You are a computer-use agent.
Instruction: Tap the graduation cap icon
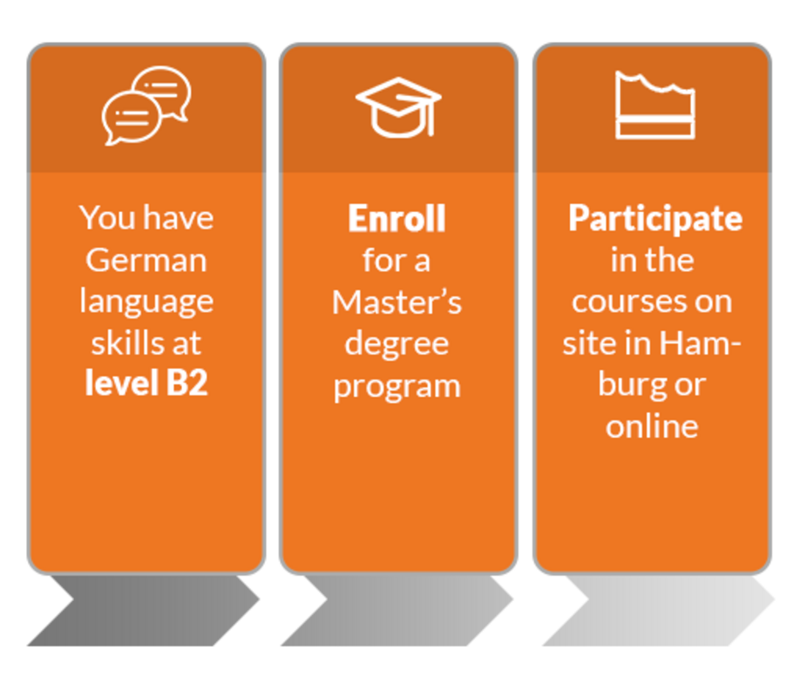click(398, 107)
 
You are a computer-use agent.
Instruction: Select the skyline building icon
click(655, 105)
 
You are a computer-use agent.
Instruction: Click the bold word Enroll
click(397, 218)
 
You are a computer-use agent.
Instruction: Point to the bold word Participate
click(655, 219)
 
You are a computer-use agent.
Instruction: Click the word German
click(146, 260)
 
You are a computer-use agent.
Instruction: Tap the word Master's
click(397, 302)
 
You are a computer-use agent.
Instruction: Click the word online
click(652, 427)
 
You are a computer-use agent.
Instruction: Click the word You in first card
click(108, 218)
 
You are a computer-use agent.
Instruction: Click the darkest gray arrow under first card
click(143, 611)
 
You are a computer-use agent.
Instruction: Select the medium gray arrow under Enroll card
click(397, 611)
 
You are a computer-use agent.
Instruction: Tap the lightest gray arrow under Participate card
click(658, 611)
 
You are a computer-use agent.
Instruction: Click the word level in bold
click(121, 383)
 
